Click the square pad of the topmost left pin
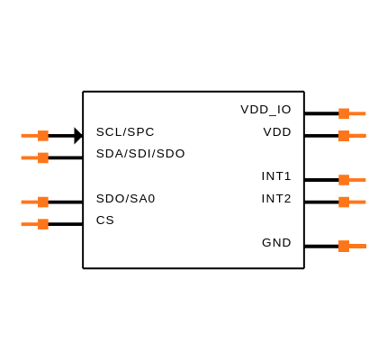pos(43,136)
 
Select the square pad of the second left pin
pos(43,157)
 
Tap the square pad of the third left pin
pos(43,202)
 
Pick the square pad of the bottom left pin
pos(43,224)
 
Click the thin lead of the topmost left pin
pos(30,136)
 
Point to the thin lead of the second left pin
pos(30,157)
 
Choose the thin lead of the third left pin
pos(30,202)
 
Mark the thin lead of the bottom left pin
pos(30,224)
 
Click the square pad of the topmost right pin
pos(344,113)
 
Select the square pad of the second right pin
pos(344,136)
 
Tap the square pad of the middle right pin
pos(344,180)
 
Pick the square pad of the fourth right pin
pos(344,202)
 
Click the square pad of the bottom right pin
pos(344,246)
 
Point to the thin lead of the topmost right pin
pos(357,113)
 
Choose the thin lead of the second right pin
pos(357,136)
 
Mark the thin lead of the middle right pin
pos(357,180)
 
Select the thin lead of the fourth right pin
pos(357,202)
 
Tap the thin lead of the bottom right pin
pos(357,246)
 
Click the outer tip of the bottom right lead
pos(364,246)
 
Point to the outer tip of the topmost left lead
pos(22,136)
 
